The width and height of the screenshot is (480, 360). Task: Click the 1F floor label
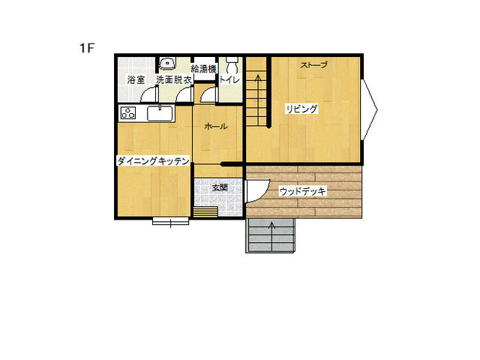[x=87, y=48]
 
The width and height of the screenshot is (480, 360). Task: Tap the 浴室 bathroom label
[x=136, y=80]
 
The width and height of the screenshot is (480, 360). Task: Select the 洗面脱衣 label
[x=174, y=80]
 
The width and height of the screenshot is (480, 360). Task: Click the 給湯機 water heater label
[x=203, y=68]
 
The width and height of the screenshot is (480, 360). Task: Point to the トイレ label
[x=229, y=80]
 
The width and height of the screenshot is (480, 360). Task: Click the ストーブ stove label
[x=314, y=65]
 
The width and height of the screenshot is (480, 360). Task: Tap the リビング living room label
[x=301, y=109]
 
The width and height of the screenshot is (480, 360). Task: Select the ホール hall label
[x=216, y=126]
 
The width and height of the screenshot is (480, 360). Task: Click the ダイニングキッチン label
[x=153, y=160]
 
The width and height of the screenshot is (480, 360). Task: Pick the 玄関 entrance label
[x=220, y=187]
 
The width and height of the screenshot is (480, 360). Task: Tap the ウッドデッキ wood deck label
[x=302, y=192]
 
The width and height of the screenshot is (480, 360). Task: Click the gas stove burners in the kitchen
[x=128, y=113]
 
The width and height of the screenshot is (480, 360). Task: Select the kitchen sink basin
[x=160, y=113]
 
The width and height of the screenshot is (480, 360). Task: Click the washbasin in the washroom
[x=167, y=63]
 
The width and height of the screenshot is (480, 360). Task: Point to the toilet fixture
[x=232, y=64]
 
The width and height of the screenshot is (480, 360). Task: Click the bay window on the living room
[x=369, y=110]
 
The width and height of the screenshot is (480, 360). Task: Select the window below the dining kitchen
[x=171, y=221]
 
